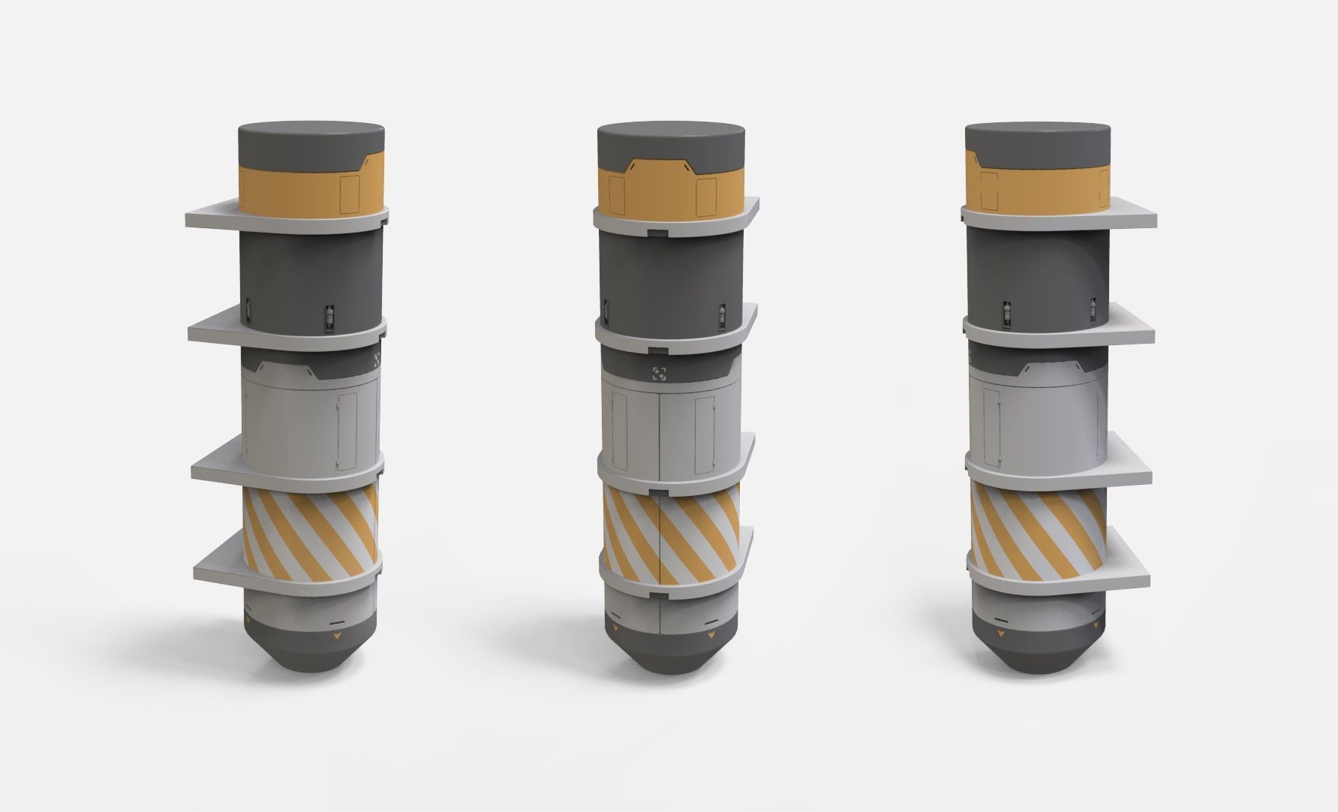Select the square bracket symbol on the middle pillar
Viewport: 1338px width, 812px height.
pyautogui.click(x=659, y=373)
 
